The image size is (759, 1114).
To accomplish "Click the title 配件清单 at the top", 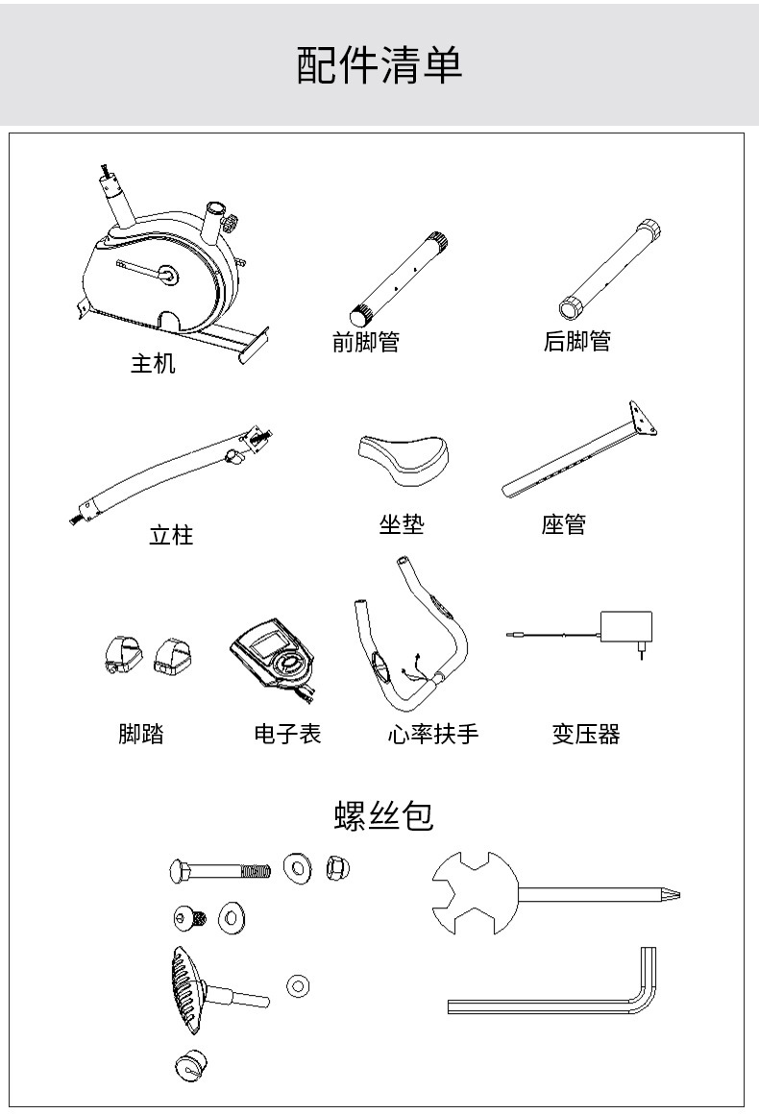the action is click(x=379, y=64).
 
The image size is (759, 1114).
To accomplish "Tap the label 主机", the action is click(x=153, y=363).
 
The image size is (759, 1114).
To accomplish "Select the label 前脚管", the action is click(x=366, y=342).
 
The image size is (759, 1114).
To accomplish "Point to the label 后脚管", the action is click(x=577, y=341).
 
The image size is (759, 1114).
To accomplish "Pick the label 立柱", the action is click(x=171, y=534).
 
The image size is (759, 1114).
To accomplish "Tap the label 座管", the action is click(x=564, y=524).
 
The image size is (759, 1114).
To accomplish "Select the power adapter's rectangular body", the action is click(x=626, y=626).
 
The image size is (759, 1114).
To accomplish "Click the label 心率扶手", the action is click(x=433, y=733).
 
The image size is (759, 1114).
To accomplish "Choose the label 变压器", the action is click(x=586, y=733).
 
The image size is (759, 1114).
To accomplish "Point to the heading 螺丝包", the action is click(x=383, y=815).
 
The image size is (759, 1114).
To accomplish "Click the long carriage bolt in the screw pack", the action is click(x=220, y=870).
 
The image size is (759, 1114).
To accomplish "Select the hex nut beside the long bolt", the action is click(x=337, y=867).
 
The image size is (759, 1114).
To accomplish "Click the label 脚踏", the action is click(x=140, y=733).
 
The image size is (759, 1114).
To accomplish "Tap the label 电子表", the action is click(x=288, y=733).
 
